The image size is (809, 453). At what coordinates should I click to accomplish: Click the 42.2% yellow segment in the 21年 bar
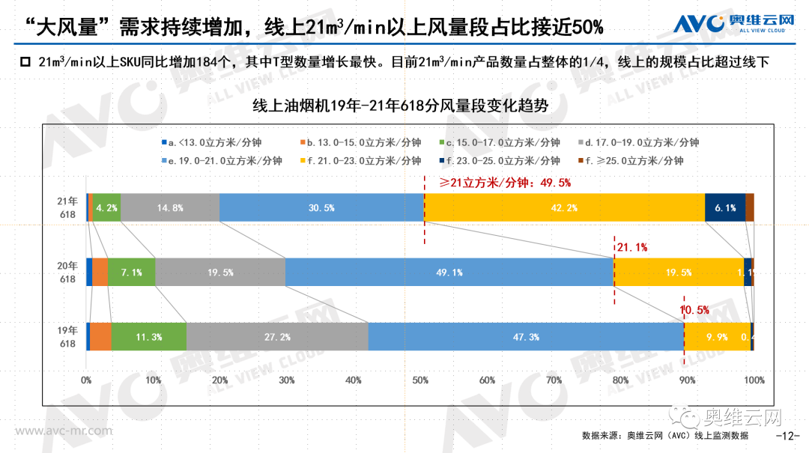[x=564, y=207]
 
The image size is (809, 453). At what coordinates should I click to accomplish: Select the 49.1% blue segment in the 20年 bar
[x=449, y=273]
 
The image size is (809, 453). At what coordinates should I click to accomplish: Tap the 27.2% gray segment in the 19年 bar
[x=277, y=337]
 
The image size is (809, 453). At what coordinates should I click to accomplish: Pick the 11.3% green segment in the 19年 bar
[x=149, y=337]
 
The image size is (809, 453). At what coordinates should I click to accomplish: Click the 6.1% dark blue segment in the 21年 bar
[x=724, y=207]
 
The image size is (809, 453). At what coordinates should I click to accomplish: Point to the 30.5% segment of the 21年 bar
[x=321, y=207]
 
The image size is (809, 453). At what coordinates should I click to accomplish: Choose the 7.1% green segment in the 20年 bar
[x=131, y=273]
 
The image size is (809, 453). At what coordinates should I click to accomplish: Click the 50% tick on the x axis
[x=420, y=380]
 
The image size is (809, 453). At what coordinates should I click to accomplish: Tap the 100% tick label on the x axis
[x=754, y=380]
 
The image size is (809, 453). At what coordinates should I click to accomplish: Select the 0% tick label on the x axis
[x=87, y=380]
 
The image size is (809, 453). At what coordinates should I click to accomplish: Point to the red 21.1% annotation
[x=631, y=246]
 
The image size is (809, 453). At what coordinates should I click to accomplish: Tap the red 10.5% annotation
[x=694, y=309]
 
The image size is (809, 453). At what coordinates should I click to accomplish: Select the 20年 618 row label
[x=68, y=273]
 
